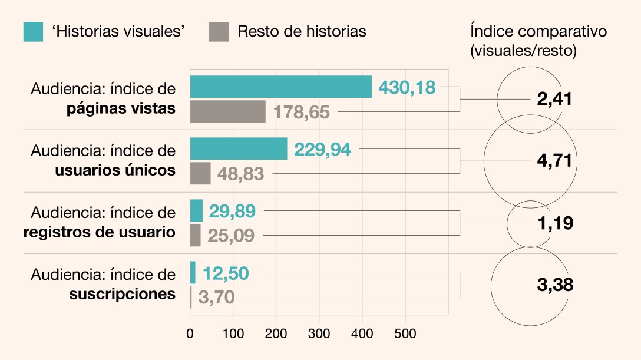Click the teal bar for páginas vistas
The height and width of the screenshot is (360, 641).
coord(280,87)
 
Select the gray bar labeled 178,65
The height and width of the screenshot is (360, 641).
coord(227,111)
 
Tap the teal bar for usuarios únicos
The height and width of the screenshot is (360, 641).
coord(238,148)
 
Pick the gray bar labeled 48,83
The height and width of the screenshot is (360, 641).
coord(200,173)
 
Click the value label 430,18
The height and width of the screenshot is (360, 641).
coord(407,88)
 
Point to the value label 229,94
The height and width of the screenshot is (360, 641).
coord(322,150)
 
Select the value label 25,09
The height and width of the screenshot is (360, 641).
coord(231,236)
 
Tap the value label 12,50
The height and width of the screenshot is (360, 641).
coord(226,273)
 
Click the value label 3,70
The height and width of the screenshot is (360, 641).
coord(216,298)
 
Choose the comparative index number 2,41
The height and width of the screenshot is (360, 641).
coord(555,99)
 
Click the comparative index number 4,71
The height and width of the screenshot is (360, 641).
coord(555,161)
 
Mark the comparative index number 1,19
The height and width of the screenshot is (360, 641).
coord(555,223)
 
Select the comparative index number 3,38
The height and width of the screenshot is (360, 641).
coord(555,285)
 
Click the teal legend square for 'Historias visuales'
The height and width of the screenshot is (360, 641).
coord(33,31)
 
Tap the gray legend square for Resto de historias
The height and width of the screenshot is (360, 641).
coord(219,31)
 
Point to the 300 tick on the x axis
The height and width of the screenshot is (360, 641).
coord(319,333)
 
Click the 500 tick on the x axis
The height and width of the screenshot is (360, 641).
coord(405,333)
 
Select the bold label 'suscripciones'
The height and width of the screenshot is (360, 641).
coord(122,293)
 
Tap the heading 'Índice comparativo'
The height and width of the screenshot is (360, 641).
coord(538,31)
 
